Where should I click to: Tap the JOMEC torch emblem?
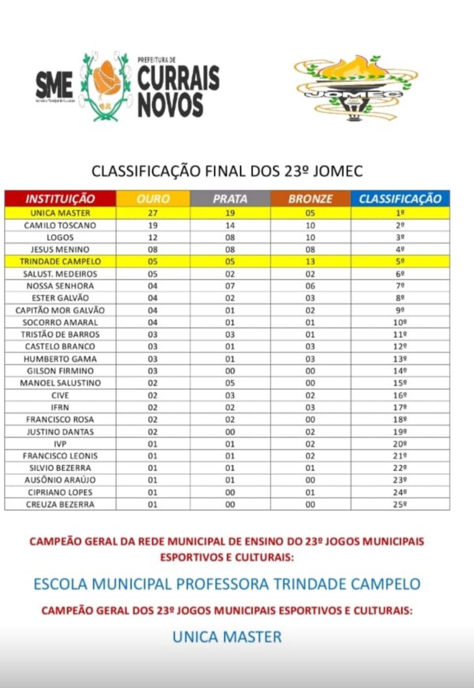tap(356, 87)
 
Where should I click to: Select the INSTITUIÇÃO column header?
tap(61, 199)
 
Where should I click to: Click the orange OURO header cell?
tap(153, 199)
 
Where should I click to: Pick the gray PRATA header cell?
tap(230, 199)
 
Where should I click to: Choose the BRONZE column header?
tap(310, 199)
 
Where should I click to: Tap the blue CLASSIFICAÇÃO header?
tap(400, 199)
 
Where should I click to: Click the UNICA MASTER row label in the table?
tap(61, 213)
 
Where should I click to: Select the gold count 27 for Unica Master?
tap(153, 213)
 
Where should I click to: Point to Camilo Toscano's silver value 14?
tap(230, 225)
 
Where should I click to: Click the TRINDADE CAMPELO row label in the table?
tap(61, 262)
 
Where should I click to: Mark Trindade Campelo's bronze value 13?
tap(310, 262)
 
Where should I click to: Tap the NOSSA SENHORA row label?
tap(61, 286)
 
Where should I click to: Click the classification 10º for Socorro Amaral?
tap(400, 322)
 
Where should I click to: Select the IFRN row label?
tap(61, 407)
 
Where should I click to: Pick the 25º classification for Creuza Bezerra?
tap(400, 504)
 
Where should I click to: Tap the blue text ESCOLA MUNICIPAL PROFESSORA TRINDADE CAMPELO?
tap(227, 583)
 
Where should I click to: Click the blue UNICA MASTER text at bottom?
tap(227, 636)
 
